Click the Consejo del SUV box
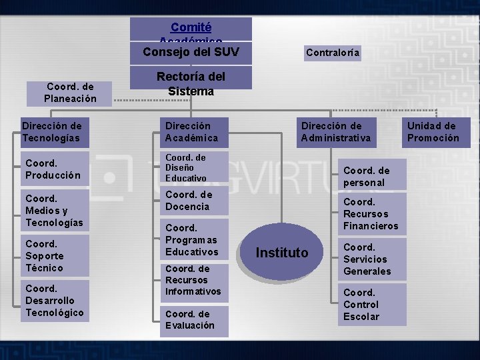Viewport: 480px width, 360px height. tap(191, 52)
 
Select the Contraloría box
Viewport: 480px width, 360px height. tap(333, 52)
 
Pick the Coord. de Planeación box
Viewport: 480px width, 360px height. tap(70, 93)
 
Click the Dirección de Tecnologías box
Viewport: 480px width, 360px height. tap(54, 132)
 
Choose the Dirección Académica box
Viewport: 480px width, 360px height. tap(194, 132)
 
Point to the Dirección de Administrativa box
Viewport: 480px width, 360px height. tap(335, 132)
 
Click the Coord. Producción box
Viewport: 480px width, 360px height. tap(54, 169)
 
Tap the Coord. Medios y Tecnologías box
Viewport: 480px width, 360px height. tap(54, 210)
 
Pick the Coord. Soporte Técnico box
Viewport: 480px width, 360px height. tap(54, 256)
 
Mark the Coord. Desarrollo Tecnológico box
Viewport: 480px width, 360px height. tap(54, 301)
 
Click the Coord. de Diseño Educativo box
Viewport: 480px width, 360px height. tap(194, 168)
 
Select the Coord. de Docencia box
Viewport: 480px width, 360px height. tap(194, 201)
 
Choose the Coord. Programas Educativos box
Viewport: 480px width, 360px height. tap(194, 240)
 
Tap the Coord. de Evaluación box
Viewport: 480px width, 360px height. tap(194, 320)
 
